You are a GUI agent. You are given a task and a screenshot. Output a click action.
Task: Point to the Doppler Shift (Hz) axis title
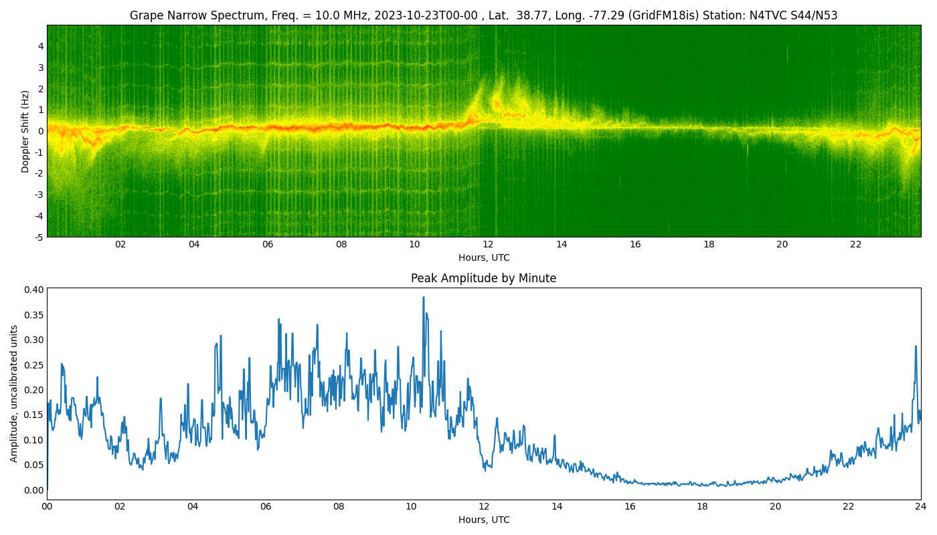pos(25,131)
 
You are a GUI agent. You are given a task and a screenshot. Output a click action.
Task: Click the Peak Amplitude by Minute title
pos(483,278)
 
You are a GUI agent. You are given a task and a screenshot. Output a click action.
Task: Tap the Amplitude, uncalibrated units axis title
pos(15,393)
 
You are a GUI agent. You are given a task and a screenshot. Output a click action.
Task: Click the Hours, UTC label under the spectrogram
pos(483,257)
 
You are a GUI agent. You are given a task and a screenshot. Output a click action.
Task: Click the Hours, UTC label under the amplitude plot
pos(483,520)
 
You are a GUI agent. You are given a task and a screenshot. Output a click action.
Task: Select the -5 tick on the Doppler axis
pos(39,237)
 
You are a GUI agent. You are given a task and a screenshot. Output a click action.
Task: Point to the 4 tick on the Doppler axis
pos(41,46)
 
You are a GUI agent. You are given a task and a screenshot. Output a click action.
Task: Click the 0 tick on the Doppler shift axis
pos(41,131)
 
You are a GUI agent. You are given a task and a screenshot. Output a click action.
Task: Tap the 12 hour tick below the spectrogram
pos(488,244)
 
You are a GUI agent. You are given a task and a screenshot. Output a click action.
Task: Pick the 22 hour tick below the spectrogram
pos(855,244)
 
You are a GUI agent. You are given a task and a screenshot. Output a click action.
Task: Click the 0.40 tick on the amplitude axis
pos(34,290)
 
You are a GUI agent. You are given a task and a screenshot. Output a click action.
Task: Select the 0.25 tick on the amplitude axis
pos(34,364)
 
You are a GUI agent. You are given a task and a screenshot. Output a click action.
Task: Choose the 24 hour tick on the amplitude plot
pos(921,506)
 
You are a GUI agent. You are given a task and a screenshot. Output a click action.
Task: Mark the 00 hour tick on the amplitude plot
pos(47,506)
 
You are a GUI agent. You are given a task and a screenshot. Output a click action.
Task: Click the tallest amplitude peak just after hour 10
pos(423,298)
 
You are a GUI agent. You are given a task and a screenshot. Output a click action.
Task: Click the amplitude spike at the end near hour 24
pos(916,346)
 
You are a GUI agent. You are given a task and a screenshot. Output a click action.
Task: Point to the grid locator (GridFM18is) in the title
pos(661,15)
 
